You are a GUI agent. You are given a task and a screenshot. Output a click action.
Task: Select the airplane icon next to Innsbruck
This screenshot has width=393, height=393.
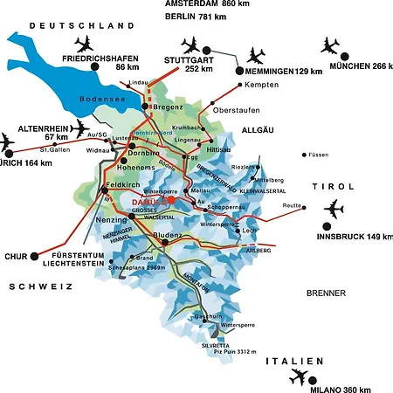pyautogui.click(x=334, y=210)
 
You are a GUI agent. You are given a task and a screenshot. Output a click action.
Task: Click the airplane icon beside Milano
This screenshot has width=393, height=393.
pyautogui.click(x=298, y=376)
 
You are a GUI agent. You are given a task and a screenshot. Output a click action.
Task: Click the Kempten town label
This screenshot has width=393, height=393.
pyautogui.click(x=262, y=86)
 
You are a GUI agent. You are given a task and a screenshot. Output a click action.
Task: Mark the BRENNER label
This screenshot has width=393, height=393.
pyautogui.click(x=326, y=293)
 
